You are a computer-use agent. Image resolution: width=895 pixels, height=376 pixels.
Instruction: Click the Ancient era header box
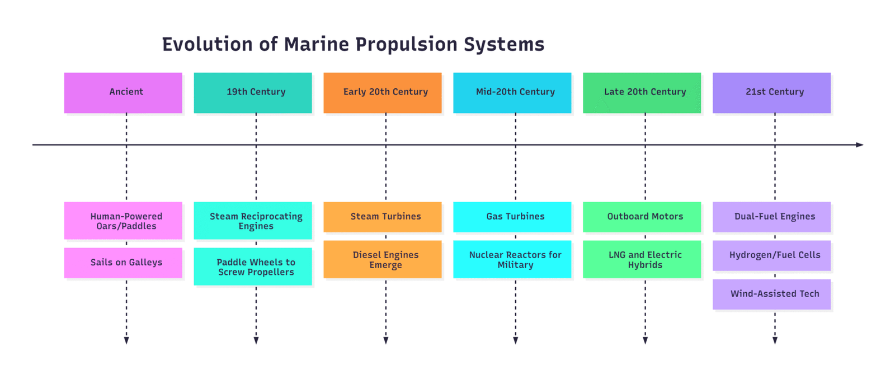click(123, 92)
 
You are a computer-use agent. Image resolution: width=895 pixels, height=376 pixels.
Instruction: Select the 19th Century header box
click(253, 92)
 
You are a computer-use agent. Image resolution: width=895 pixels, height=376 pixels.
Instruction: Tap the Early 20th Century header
click(383, 92)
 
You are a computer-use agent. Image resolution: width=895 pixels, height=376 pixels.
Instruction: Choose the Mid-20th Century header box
click(512, 92)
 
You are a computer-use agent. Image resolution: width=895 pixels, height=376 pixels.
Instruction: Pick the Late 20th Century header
click(642, 92)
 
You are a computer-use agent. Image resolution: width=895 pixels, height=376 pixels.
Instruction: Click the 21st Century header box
click(772, 92)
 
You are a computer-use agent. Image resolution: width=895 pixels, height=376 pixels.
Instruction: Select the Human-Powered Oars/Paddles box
click(123, 221)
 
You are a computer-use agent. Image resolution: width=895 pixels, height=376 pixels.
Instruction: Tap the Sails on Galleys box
click(123, 263)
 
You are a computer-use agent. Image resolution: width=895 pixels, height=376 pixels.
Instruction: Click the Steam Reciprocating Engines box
click(253, 221)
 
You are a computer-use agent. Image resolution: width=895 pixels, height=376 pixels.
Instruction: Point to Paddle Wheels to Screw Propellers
click(253, 266)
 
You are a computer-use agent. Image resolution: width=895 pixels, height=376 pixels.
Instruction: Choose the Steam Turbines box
click(383, 217)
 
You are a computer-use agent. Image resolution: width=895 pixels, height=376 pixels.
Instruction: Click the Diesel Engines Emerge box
click(383, 259)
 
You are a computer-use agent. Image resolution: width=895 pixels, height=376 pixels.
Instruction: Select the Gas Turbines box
click(512, 217)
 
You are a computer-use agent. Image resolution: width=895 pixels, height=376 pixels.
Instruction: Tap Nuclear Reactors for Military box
click(512, 259)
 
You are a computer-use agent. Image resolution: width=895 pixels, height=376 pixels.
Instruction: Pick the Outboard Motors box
click(642, 217)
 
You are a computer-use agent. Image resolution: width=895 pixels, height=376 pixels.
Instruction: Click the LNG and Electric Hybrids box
click(642, 259)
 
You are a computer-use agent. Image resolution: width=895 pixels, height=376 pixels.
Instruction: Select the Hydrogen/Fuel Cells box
click(772, 255)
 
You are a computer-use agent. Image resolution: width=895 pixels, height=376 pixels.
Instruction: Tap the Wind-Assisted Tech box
click(772, 294)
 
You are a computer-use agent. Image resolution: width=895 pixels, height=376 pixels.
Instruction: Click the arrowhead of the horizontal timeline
click(860, 145)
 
